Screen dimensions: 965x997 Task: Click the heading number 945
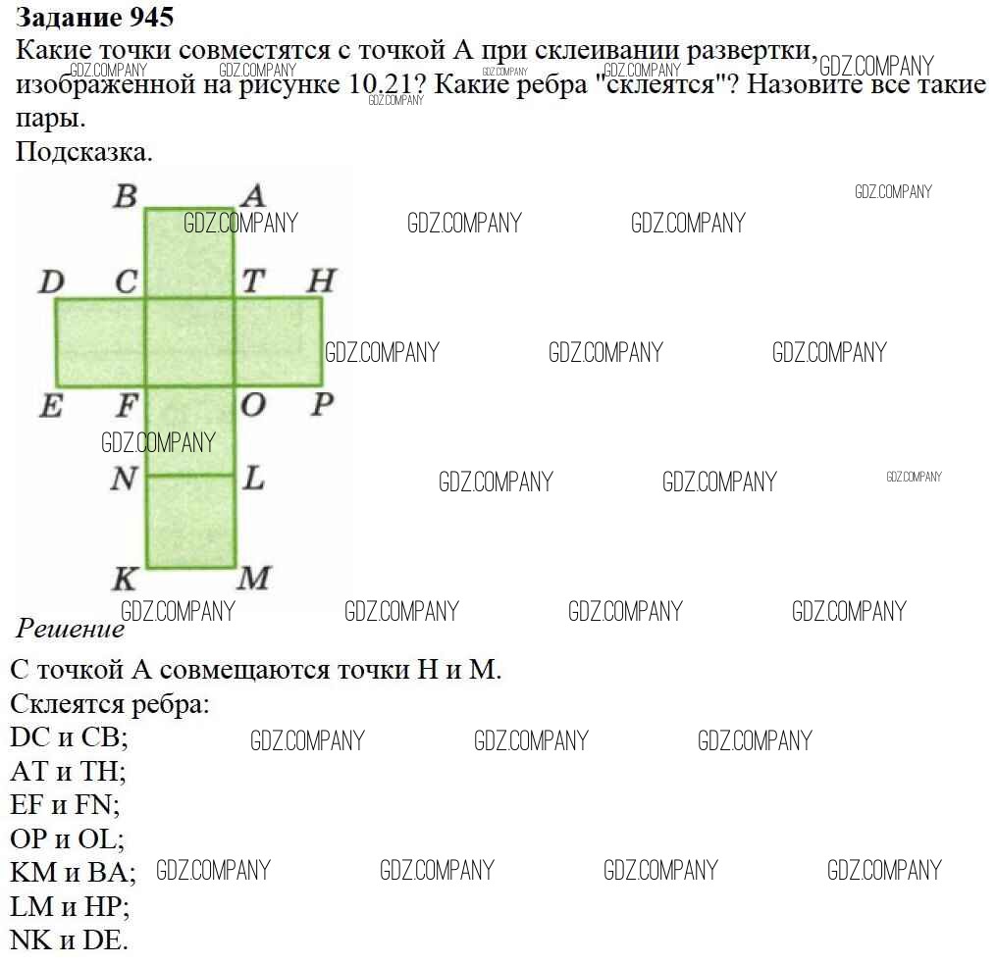(x=151, y=17)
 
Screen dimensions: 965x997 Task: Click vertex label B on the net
(x=125, y=197)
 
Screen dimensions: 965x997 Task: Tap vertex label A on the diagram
(x=252, y=196)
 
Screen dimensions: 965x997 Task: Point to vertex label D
(x=51, y=283)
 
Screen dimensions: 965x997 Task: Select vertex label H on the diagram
(x=320, y=282)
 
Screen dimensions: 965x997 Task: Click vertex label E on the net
(x=51, y=405)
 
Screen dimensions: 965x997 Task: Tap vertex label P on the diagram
(x=322, y=404)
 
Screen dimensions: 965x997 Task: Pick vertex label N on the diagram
(x=124, y=479)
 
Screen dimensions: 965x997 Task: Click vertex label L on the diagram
(x=253, y=479)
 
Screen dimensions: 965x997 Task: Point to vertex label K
(x=125, y=579)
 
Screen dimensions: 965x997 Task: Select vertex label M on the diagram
(x=254, y=579)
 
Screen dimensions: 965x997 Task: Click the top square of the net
(x=189, y=253)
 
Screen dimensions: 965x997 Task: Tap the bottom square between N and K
(x=191, y=521)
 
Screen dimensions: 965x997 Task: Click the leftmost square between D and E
(x=100, y=342)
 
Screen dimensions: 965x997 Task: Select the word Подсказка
(x=84, y=153)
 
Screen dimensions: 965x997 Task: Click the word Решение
(x=70, y=629)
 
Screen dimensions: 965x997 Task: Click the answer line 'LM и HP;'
(x=70, y=905)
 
